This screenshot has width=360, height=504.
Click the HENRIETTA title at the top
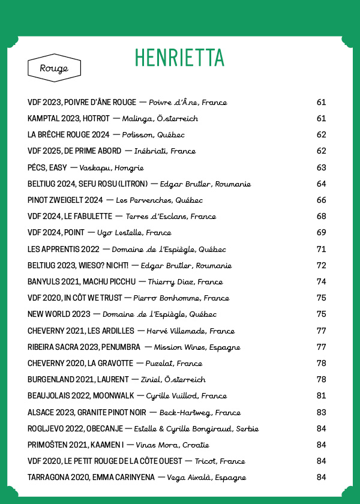(179, 57)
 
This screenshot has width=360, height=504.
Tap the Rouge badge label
(54, 68)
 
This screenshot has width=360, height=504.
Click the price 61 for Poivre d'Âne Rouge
(321, 103)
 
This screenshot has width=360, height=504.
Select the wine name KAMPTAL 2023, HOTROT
(69, 119)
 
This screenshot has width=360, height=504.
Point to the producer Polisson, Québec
(153, 135)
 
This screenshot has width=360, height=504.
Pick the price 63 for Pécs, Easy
(321, 167)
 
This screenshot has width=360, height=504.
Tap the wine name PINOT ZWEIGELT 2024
(65, 200)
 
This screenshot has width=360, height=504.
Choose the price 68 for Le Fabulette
(321, 217)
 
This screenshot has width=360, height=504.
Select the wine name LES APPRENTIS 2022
(62, 249)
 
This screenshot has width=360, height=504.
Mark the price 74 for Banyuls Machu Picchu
(321, 282)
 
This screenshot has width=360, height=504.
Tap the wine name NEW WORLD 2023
(59, 314)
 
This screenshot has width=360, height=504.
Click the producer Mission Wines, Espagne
(197, 347)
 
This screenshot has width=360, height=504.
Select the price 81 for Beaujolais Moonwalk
(321, 396)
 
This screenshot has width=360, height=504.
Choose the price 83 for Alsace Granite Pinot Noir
(321, 413)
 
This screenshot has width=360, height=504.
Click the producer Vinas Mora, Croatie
(172, 445)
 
